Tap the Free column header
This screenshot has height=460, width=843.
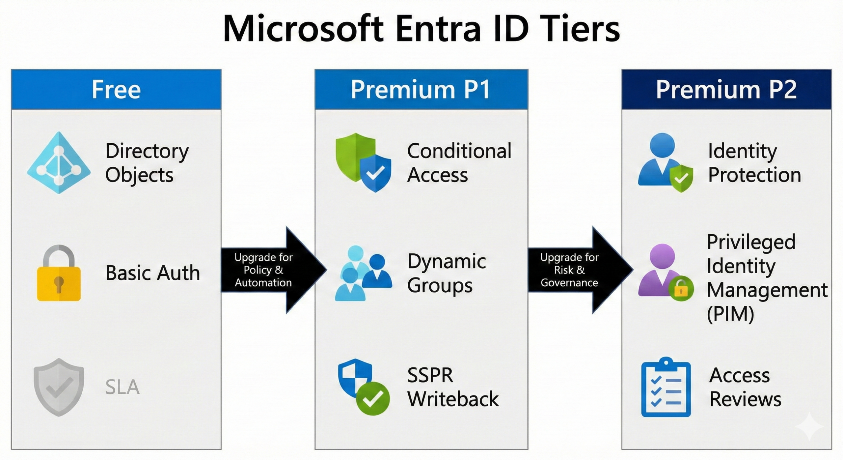click(x=116, y=90)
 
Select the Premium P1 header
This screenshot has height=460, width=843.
click(x=421, y=90)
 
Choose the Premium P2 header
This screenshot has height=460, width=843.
click(x=726, y=90)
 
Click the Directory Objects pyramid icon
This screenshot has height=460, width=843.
click(x=59, y=163)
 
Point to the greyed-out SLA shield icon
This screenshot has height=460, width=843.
click(x=59, y=387)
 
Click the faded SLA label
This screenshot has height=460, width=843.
click(x=122, y=387)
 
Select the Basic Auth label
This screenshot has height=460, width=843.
click(x=152, y=273)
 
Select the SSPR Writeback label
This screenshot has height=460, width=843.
click(x=453, y=387)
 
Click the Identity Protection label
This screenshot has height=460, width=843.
click(x=754, y=163)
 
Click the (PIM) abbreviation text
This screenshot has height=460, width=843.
click(x=730, y=314)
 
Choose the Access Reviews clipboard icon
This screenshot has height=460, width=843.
click(x=666, y=387)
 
